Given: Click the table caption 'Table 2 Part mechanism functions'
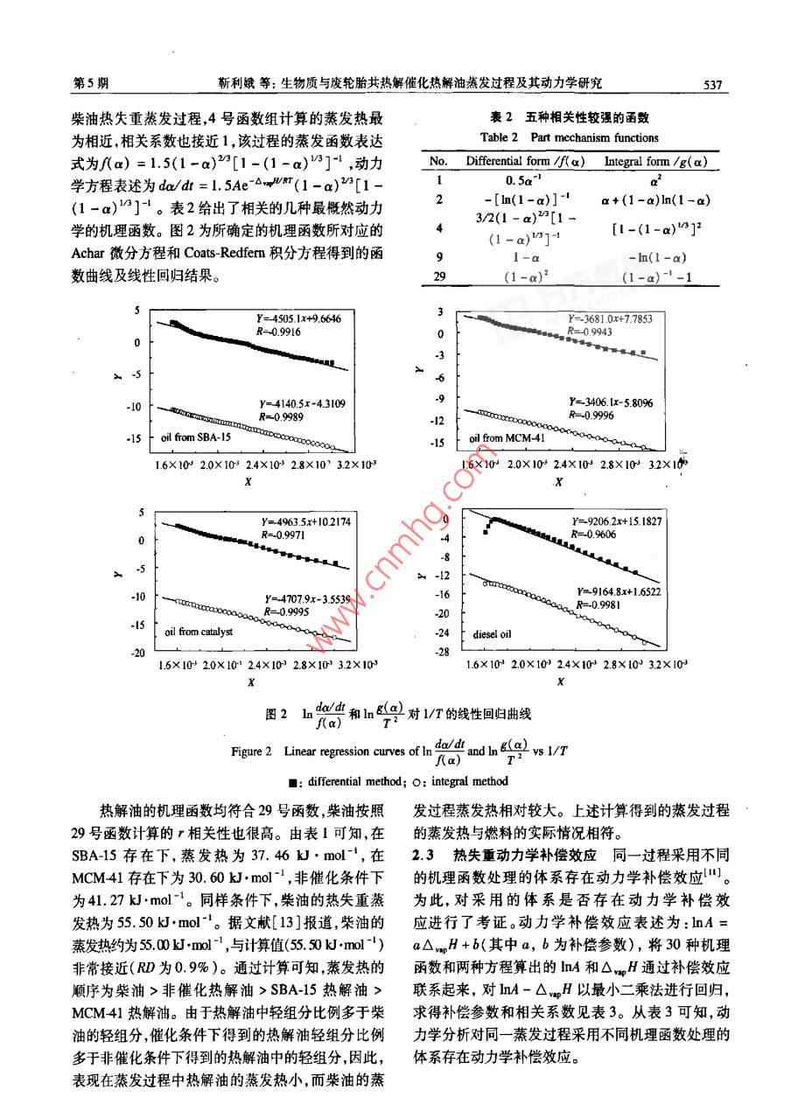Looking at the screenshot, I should (x=570, y=137).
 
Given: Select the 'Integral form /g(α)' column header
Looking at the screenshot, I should (x=655, y=162).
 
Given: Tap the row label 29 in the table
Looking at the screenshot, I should (x=439, y=276).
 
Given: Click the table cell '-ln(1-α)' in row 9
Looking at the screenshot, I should (x=657, y=257).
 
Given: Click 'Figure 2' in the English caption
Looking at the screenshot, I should (x=258, y=751).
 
